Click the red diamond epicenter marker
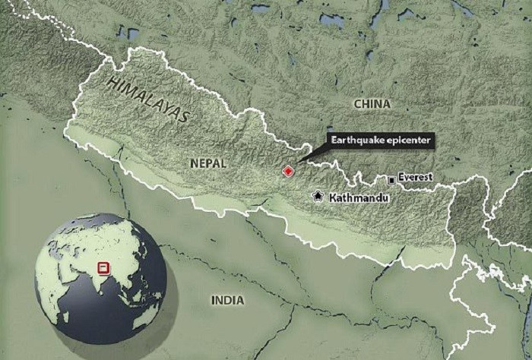tap(288, 172)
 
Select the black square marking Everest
tap(391, 180)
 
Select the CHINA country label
tap(372, 103)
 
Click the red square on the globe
tap(103, 267)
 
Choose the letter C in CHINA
tap(356, 103)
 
